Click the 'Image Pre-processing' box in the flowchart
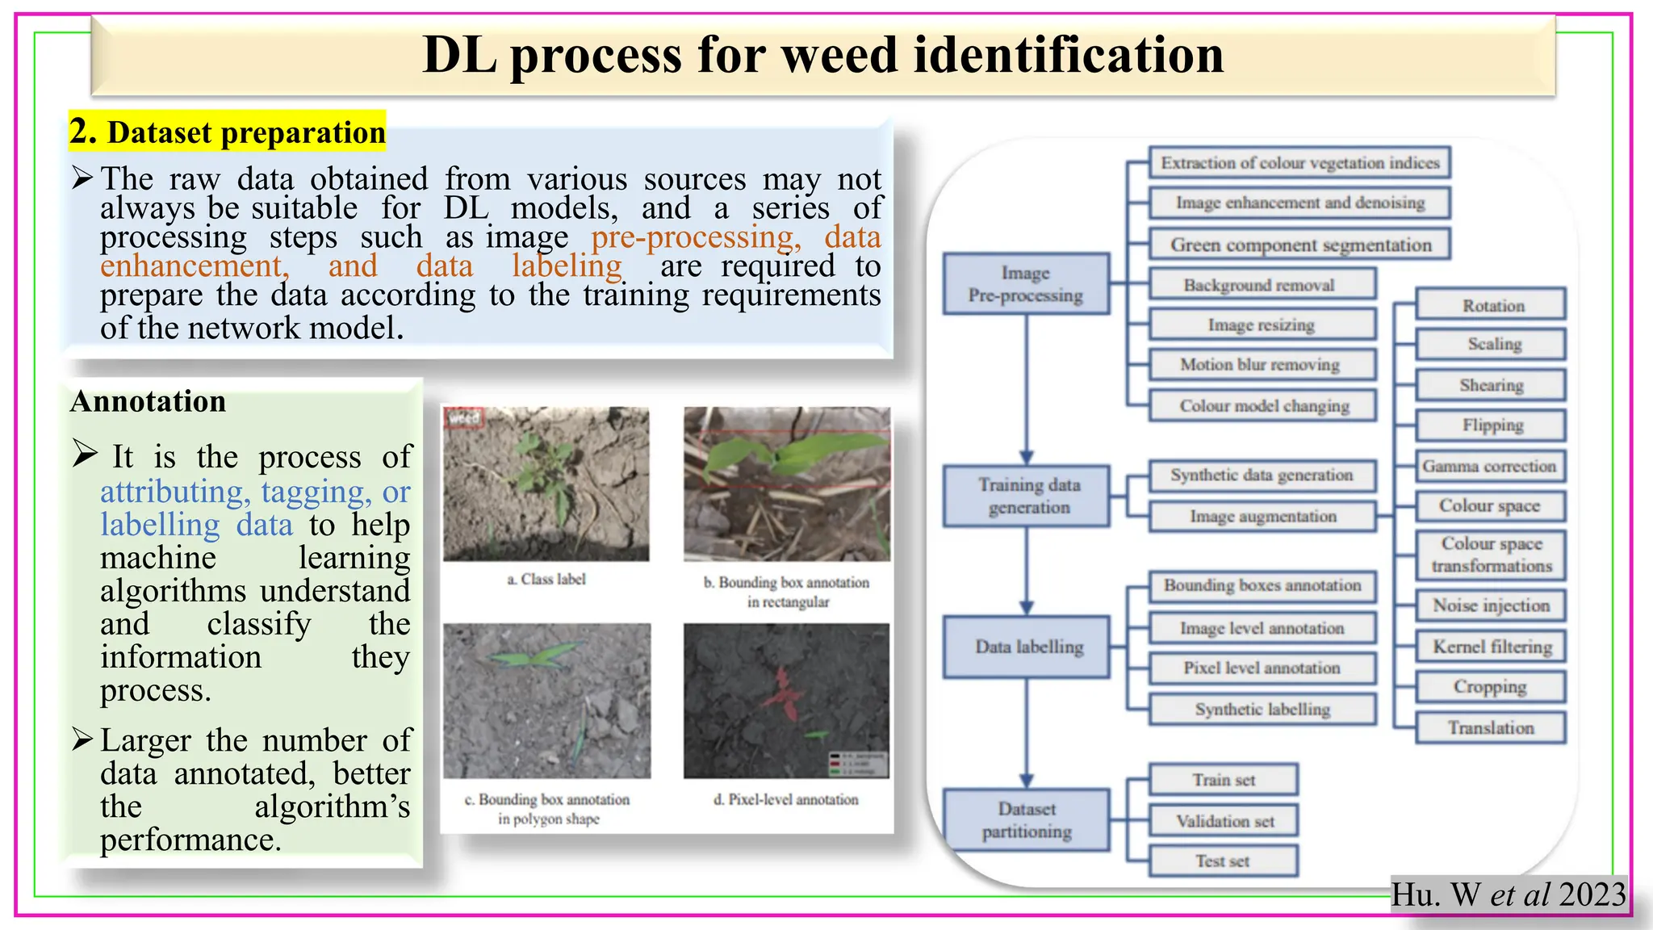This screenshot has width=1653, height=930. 1026,284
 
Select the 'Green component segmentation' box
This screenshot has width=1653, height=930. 1300,245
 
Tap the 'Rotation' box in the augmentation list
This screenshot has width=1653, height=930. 1492,305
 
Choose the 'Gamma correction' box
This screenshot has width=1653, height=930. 1489,466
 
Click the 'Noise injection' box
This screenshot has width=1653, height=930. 1491,605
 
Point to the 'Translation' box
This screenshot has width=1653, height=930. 1491,727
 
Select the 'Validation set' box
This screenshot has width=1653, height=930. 1224,821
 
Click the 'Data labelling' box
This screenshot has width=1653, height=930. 1028,647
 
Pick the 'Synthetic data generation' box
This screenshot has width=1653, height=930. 1262,475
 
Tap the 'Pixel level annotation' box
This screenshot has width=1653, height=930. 1262,668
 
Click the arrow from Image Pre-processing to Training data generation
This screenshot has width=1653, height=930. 1027,387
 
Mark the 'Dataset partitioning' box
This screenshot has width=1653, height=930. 1027,820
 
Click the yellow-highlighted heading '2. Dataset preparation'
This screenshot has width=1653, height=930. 228,132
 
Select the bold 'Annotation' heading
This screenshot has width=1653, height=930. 149,401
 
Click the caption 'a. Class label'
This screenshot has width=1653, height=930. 546,579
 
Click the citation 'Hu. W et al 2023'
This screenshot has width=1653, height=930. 1508,894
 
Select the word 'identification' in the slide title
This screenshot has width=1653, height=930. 1068,55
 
